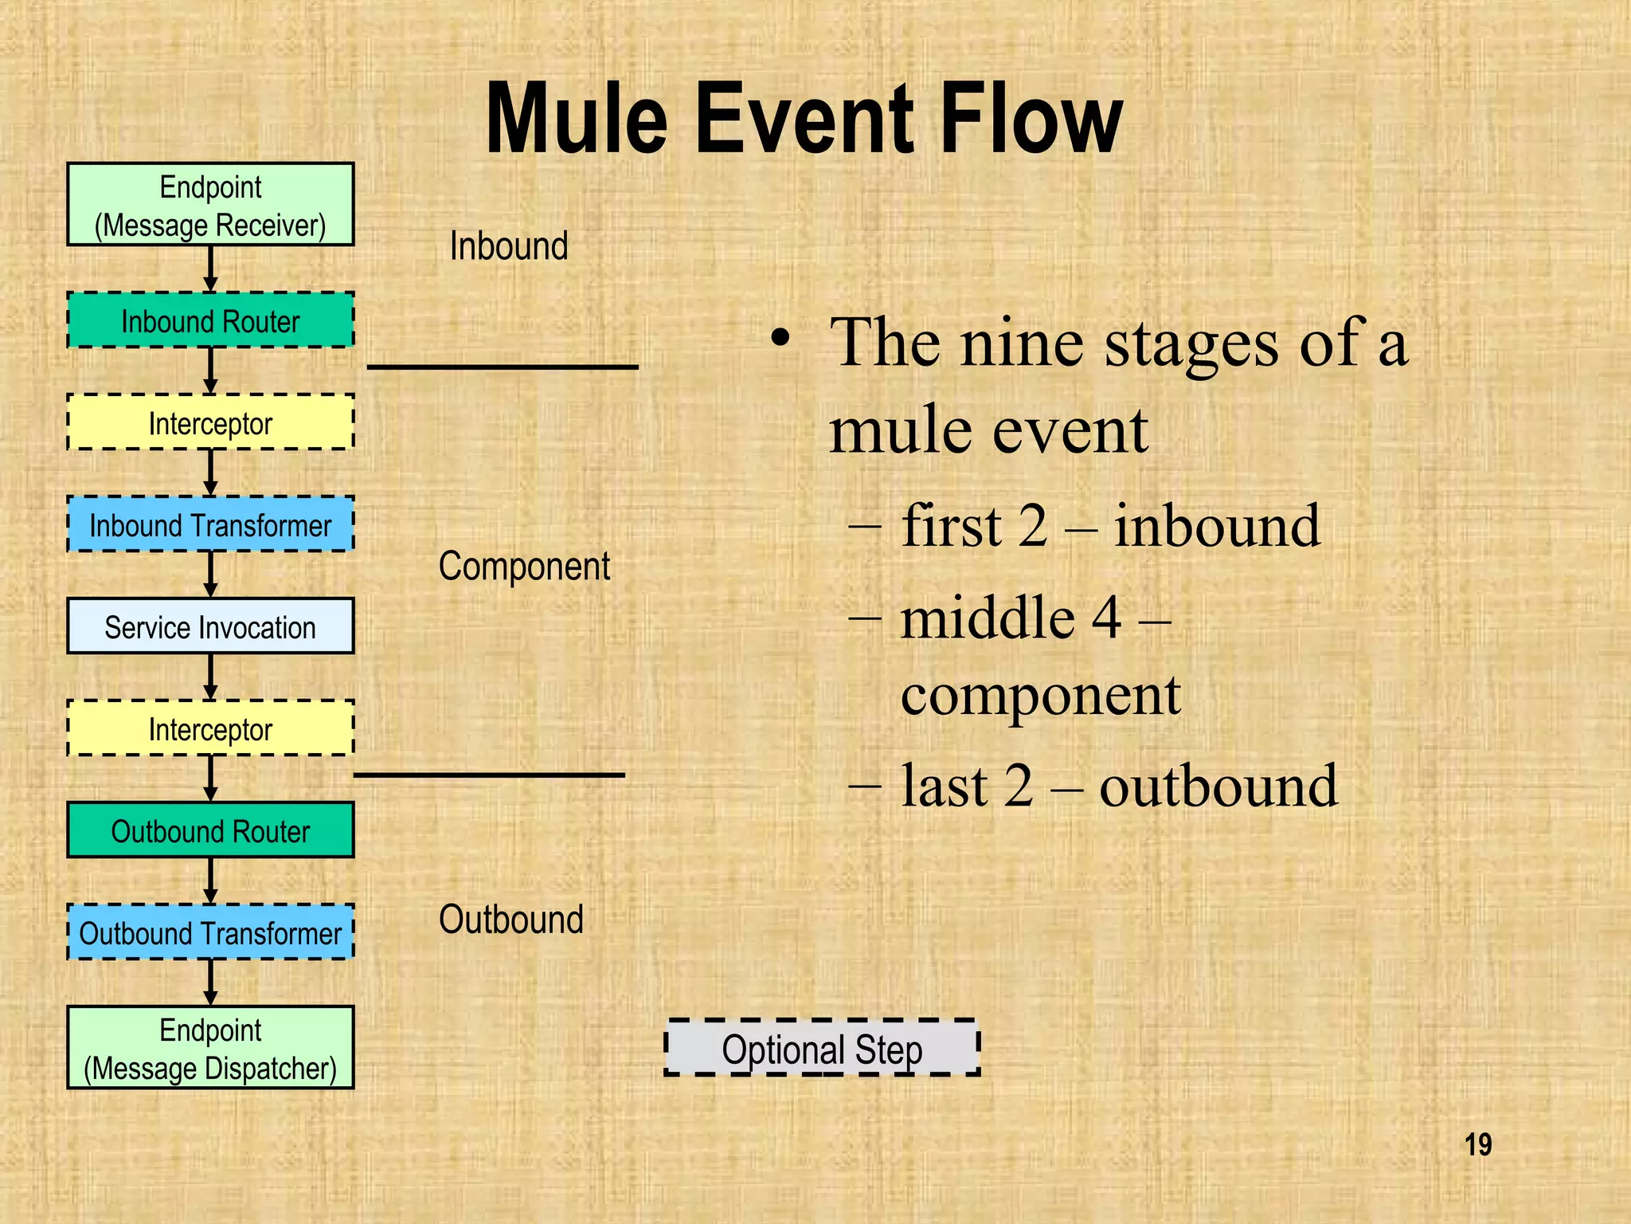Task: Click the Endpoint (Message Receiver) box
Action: (x=210, y=205)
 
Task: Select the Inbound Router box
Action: (x=210, y=320)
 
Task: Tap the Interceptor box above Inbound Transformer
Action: (x=210, y=422)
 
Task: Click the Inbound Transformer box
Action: (x=210, y=524)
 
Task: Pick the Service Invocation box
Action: (x=210, y=626)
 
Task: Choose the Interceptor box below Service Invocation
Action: (x=210, y=728)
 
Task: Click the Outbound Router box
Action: (x=210, y=830)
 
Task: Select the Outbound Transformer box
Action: (x=210, y=932)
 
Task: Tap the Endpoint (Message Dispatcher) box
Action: (x=210, y=1048)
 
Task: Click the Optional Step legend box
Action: (x=822, y=1048)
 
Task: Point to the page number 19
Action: (x=1478, y=1145)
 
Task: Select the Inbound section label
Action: (x=509, y=245)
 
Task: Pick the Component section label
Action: (x=524, y=567)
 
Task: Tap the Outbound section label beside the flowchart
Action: (x=510, y=920)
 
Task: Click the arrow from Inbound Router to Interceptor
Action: (x=210, y=371)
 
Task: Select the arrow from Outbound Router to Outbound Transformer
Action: (x=210, y=881)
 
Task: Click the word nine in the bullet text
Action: (x=1021, y=343)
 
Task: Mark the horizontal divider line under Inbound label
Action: (x=503, y=367)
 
